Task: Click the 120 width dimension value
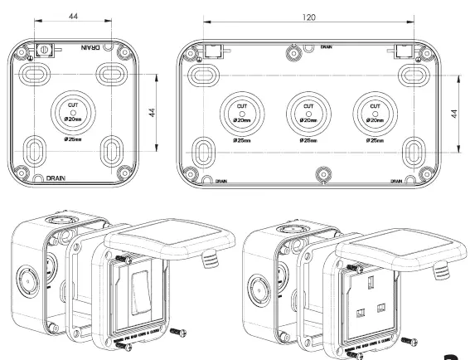310,16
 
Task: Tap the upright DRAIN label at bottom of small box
56,178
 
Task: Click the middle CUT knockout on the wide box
308,112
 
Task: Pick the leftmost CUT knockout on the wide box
242,112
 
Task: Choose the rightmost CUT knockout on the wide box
373,112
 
